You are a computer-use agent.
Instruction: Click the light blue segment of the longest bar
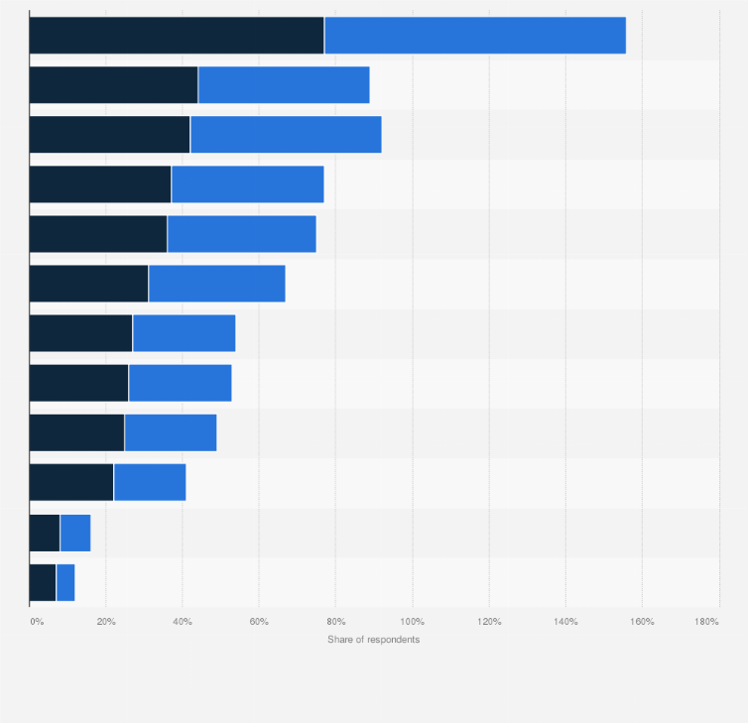(475, 36)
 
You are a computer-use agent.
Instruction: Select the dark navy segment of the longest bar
(177, 36)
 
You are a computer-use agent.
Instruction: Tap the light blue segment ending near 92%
(286, 135)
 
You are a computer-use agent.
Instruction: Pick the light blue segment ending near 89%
(284, 85)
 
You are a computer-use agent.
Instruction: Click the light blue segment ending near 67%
(217, 284)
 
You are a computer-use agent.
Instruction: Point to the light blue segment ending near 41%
(150, 482)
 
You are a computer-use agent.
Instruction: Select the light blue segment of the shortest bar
(65, 583)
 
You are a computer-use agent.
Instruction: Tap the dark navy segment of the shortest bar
(43, 583)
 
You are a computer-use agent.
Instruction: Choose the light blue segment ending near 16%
(75, 533)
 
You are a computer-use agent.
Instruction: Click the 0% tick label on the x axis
(37, 622)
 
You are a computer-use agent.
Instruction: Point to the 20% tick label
(106, 622)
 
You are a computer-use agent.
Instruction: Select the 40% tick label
(183, 622)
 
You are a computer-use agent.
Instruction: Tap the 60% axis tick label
(259, 622)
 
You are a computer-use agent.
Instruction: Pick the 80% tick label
(336, 622)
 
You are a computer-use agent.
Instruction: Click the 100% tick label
(412, 622)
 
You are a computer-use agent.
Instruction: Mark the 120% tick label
(489, 622)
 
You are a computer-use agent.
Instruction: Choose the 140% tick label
(565, 622)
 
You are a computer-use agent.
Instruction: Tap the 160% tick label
(642, 622)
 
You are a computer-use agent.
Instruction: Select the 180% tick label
(706, 622)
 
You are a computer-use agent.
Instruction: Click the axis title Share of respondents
(374, 640)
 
